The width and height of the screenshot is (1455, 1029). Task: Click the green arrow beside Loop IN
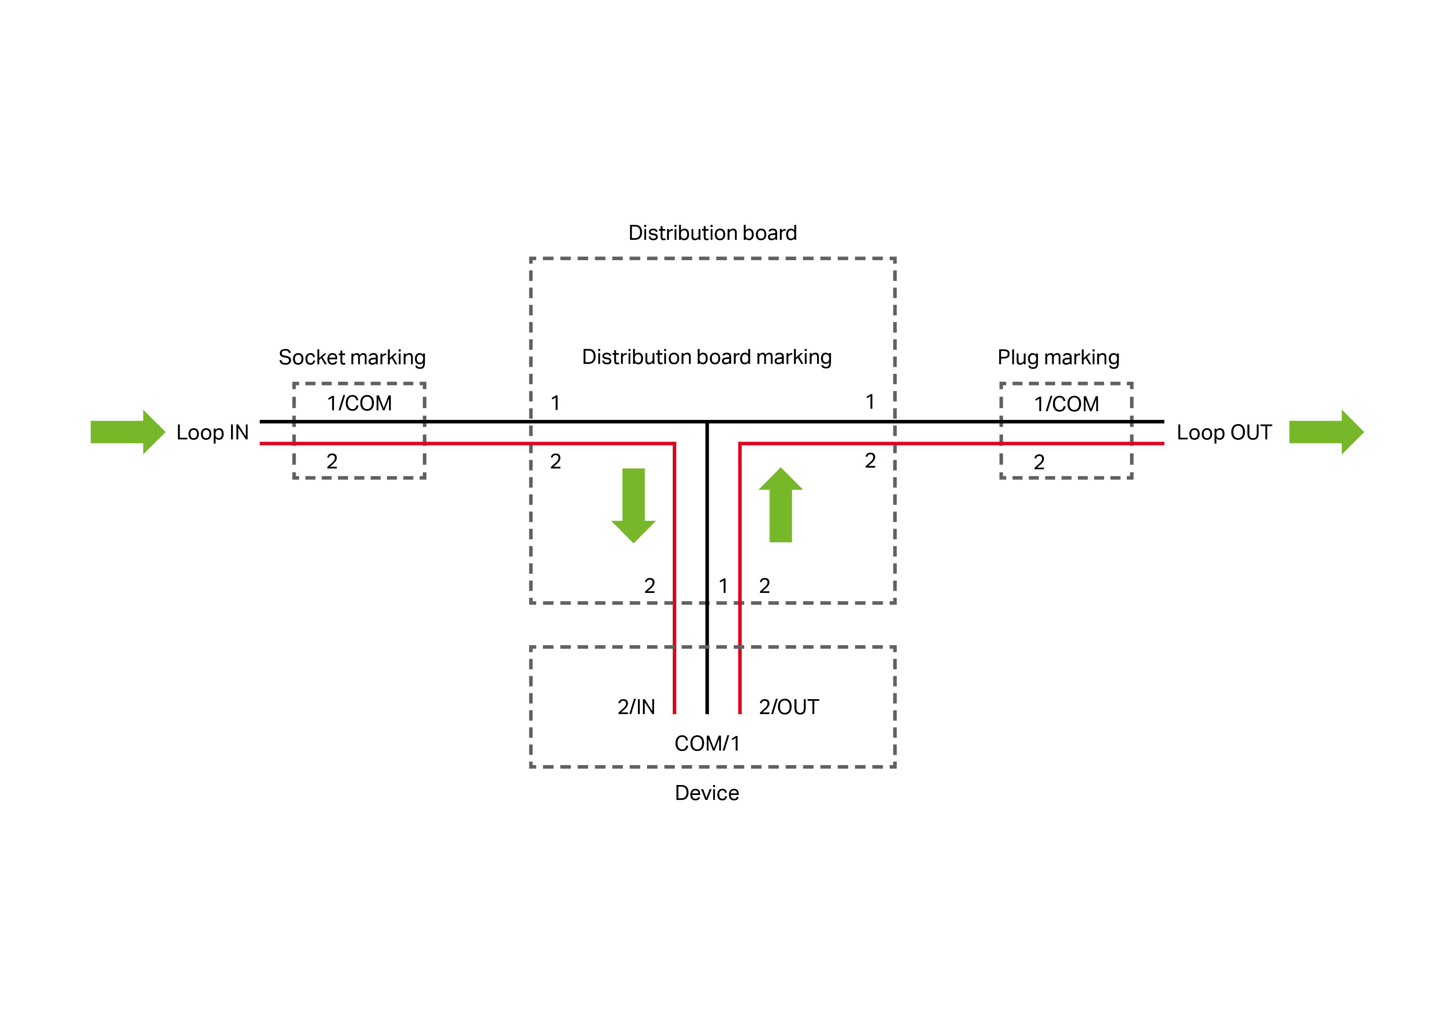[x=127, y=432]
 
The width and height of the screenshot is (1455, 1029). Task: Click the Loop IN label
[x=212, y=432]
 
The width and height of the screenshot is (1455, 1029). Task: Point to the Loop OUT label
[x=1224, y=432]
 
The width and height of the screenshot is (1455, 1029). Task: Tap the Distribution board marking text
[x=707, y=357]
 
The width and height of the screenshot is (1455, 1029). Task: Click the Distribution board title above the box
[x=712, y=233]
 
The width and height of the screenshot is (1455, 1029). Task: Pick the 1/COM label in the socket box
[x=359, y=403]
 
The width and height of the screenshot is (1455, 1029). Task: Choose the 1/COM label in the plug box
[x=1066, y=404]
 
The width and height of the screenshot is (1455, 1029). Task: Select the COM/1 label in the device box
[x=707, y=743]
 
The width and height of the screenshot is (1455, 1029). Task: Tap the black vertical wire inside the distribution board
[x=707, y=507]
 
